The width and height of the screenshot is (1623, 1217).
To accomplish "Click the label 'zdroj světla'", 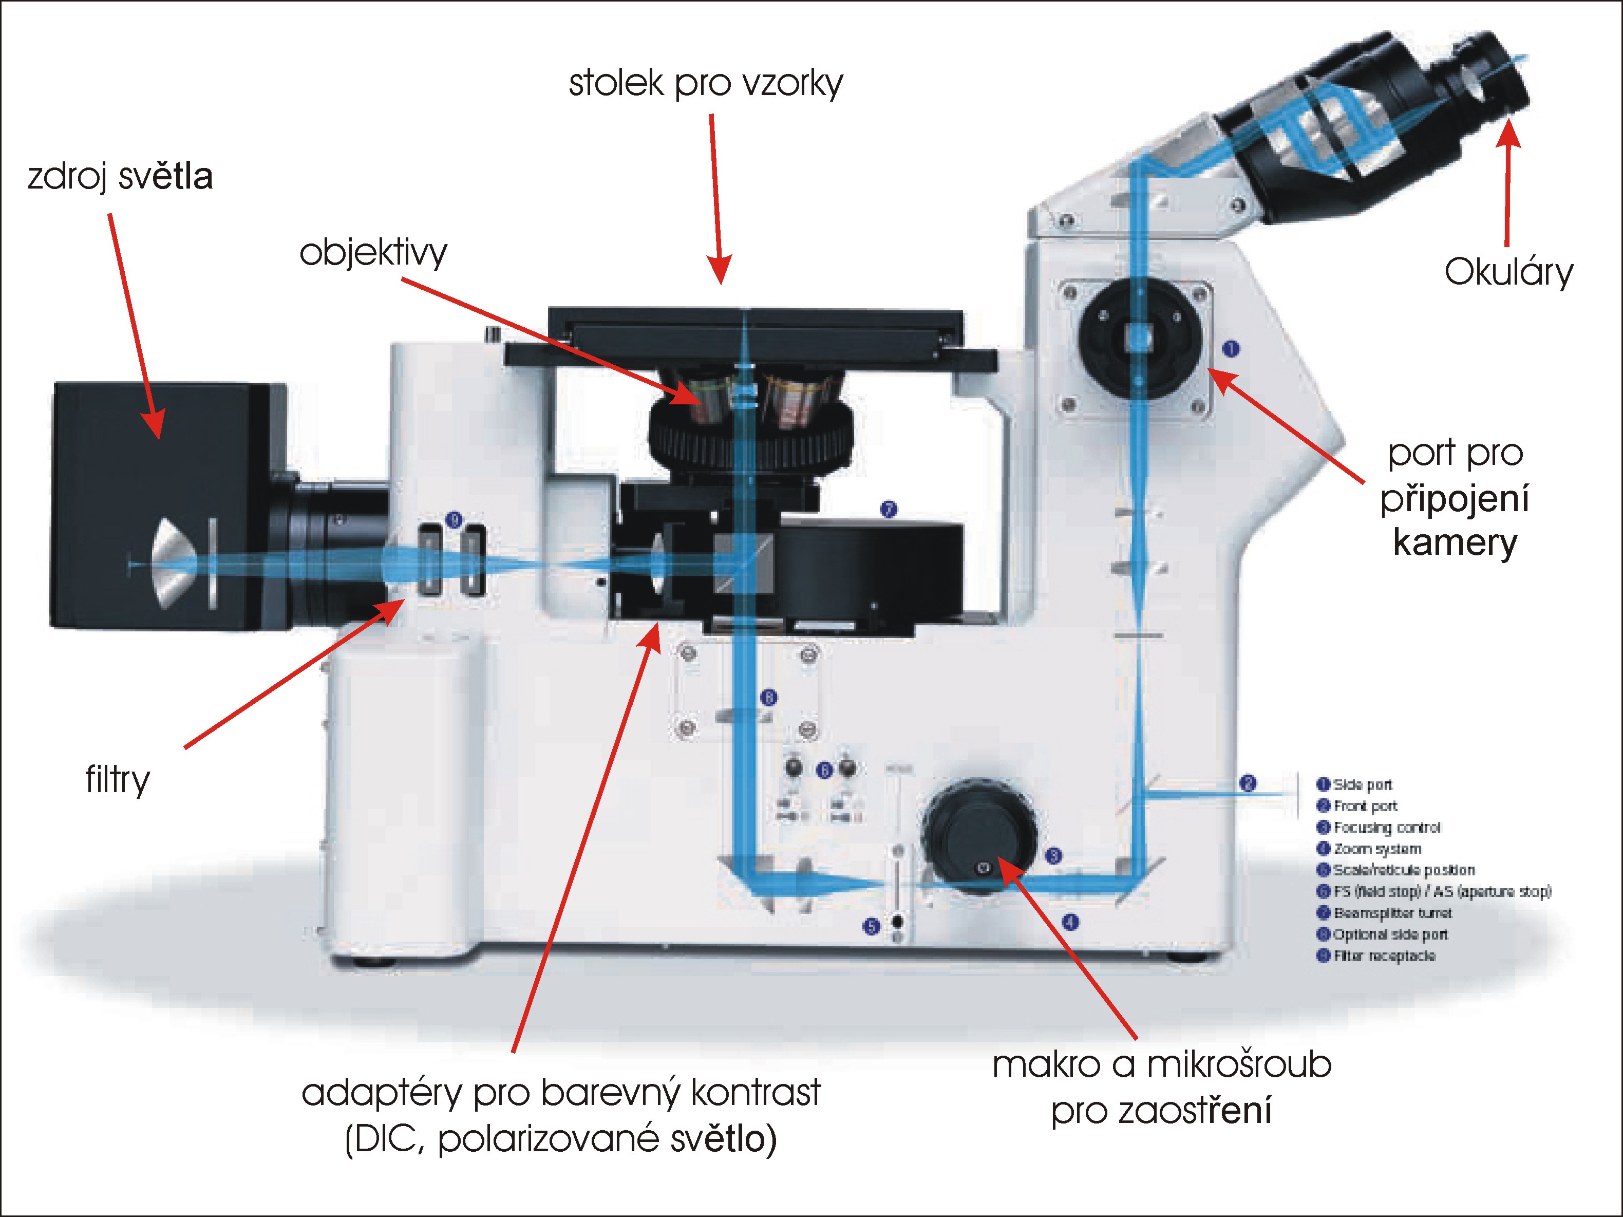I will point(120,177).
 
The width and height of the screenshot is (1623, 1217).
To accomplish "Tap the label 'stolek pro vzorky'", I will point(706,83).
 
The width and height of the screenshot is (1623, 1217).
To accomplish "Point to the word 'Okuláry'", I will point(1508,272).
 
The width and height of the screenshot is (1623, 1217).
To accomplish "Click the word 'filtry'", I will point(118,779).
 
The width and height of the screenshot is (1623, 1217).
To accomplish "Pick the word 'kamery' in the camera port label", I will point(1455,543).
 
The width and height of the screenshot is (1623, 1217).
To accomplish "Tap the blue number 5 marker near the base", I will point(871,926).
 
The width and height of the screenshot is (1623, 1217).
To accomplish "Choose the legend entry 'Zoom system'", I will point(1376,849).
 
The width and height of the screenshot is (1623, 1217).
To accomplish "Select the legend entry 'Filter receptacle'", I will point(1384,956).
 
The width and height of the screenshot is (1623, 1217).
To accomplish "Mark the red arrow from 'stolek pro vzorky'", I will point(716,198).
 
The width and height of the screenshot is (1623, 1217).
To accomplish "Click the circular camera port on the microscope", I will point(1140,339).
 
